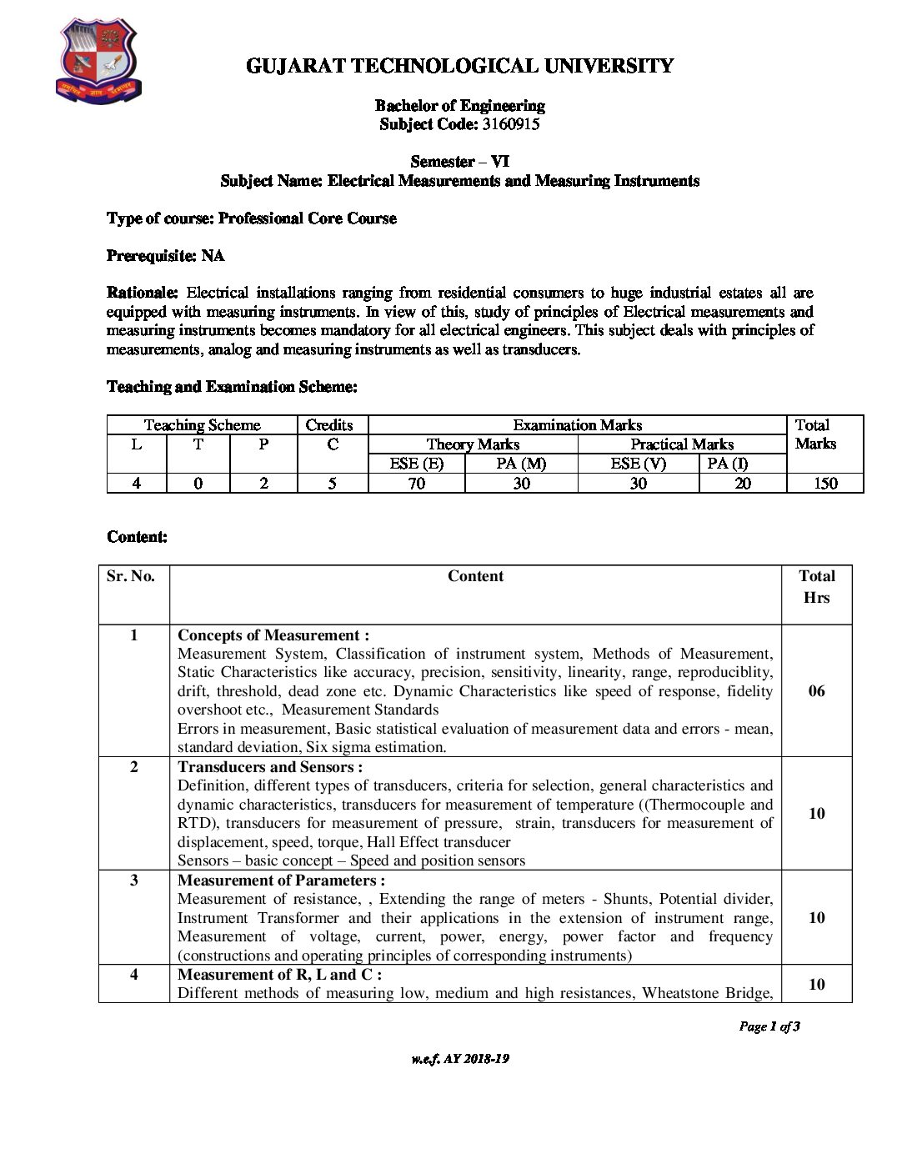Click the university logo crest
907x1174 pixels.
[x=97, y=62]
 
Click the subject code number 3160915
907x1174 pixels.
[x=510, y=124]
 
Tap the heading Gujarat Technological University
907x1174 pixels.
[x=459, y=66]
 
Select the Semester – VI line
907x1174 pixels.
[x=459, y=162]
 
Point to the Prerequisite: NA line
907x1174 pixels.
[x=166, y=255]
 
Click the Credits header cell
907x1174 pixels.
[x=329, y=425]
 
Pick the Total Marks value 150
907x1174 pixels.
[x=824, y=483]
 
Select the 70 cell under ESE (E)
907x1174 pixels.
[x=416, y=483]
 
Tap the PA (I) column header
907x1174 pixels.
[x=727, y=464]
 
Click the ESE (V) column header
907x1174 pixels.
[x=638, y=464]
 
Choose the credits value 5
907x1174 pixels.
[x=332, y=483]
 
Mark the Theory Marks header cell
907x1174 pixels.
[x=473, y=444]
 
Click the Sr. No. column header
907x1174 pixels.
[x=131, y=576]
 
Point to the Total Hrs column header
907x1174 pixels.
[x=816, y=586]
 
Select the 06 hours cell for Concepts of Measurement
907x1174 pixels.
[x=816, y=690]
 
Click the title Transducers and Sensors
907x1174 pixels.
[x=269, y=767]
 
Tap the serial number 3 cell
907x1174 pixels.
[x=134, y=880]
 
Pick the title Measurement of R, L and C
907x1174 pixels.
[x=279, y=974]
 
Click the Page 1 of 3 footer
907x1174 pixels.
[x=769, y=1026]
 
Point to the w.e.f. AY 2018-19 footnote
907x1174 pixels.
[x=459, y=1059]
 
